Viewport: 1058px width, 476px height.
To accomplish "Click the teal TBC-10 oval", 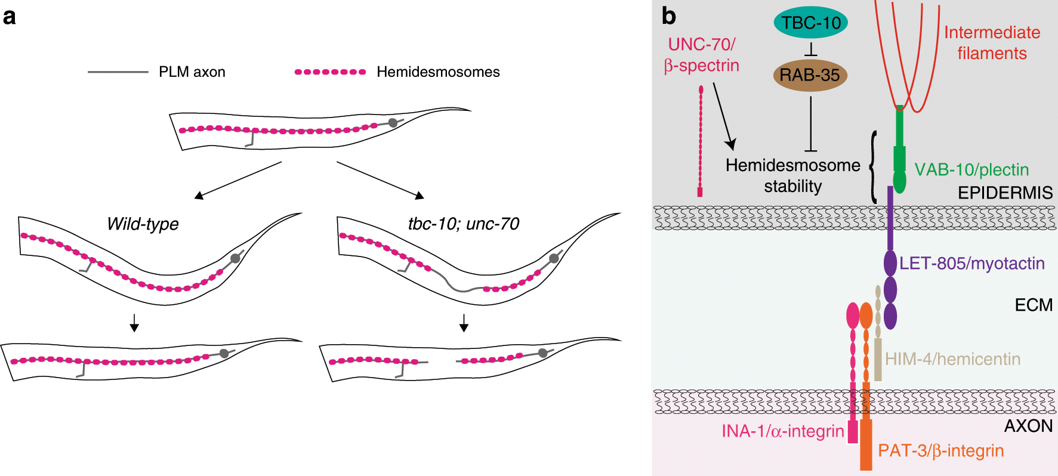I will [810, 23].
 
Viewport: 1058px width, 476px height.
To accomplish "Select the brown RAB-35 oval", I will [810, 75].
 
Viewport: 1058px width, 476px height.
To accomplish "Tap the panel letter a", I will [9, 17].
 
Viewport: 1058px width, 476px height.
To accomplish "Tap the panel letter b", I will [668, 16].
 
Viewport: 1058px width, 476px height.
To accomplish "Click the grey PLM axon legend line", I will [118, 72].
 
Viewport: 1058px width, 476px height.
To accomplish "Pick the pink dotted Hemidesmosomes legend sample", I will [330, 72].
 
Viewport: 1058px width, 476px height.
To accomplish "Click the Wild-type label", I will [143, 224].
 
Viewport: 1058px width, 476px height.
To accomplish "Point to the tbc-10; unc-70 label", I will [463, 224].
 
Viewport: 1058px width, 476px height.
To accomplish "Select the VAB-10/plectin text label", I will [971, 170].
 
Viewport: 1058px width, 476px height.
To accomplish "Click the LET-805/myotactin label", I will [971, 263].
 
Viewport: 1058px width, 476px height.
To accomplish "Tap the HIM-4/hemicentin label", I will [952, 359].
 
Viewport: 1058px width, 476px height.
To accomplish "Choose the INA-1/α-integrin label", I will [782, 431].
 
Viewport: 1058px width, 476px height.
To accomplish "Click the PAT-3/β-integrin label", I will [940, 450].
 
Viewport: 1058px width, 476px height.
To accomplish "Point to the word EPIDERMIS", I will [1005, 193].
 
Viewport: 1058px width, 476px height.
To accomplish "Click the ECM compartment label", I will [1033, 305].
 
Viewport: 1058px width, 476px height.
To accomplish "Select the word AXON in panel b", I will [1028, 426].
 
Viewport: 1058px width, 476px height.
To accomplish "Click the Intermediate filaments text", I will [992, 43].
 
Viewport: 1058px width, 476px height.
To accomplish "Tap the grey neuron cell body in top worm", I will [393, 123].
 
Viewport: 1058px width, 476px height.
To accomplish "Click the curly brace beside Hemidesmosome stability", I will [873, 167].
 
